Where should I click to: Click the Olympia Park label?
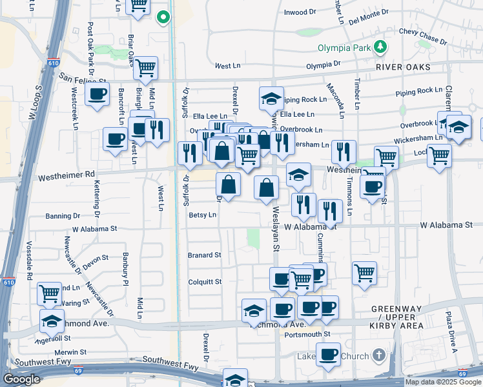coord(345,47)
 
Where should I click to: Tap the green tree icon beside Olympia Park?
coord(382,46)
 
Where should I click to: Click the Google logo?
coord(21,379)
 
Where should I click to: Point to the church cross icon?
coord(379,355)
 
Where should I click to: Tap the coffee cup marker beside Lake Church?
coord(328,354)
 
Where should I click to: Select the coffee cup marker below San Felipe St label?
coord(97,94)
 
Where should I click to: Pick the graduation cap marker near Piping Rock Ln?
coord(272,98)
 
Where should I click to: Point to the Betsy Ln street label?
coord(202,215)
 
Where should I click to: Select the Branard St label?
coord(204,255)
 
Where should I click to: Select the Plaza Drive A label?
coord(450,332)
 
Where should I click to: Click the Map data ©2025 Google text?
coord(443,382)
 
